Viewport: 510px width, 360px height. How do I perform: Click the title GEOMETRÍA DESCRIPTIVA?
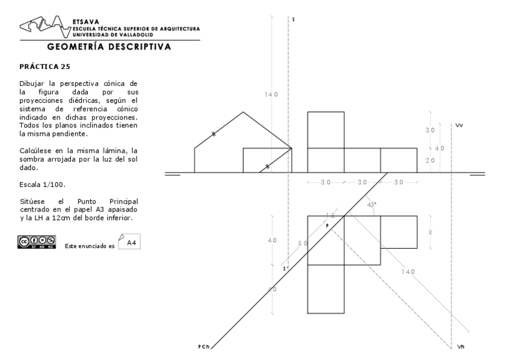[109, 46]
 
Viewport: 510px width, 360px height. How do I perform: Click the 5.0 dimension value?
[302, 243]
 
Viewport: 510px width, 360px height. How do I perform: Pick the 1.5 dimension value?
[330, 215]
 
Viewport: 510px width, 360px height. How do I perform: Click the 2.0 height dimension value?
[430, 160]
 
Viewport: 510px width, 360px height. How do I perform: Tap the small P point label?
[328, 225]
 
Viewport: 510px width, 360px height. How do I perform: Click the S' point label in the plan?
[286, 269]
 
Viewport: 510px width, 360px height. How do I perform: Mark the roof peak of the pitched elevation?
[243, 112]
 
